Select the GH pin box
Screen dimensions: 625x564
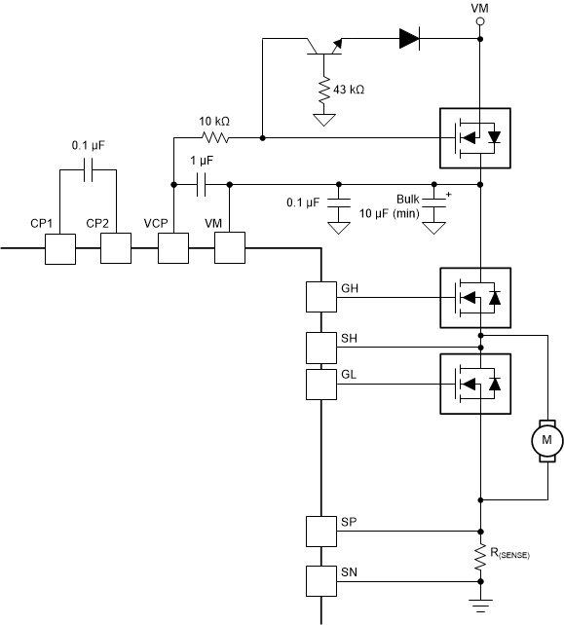click(320, 296)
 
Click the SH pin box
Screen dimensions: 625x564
click(320, 346)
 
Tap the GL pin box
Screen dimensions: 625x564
click(320, 384)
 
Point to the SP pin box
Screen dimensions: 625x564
click(320, 532)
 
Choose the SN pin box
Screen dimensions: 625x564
click(320, 580)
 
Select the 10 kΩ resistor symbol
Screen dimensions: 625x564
click(216, 137)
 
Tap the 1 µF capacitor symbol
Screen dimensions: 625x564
click(203, 182)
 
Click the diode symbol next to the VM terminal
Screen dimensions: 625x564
click(409, 40)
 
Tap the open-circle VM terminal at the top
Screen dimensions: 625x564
click(479, 18)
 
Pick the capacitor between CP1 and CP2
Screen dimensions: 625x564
click(88, 171)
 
